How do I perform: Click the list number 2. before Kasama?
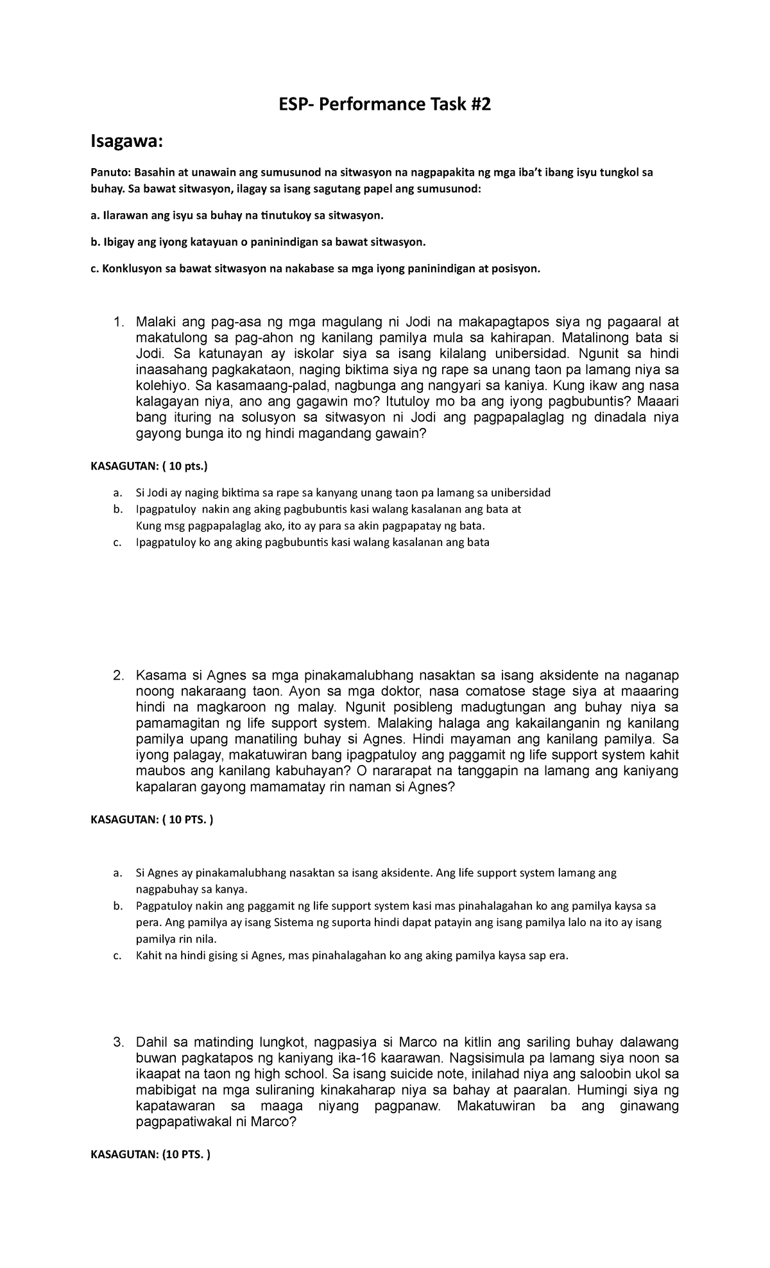(x=118, y=676)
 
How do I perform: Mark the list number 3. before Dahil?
(x=118, y=1042)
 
